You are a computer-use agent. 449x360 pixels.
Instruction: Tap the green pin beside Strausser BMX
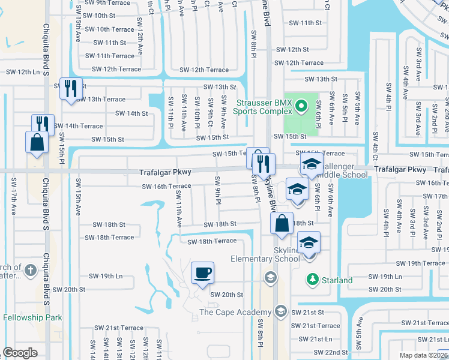(x=302, y=107)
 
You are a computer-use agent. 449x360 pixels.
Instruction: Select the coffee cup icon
(x=202, y=273)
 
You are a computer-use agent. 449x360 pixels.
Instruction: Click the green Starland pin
(x=312, y=280)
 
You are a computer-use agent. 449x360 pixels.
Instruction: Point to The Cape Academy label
(x=235, y=312)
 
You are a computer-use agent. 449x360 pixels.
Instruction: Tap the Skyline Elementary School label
(x=266, y=254)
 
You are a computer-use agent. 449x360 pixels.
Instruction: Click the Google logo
(x=20, y=353)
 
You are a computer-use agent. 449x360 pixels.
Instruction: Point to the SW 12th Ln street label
(x=23, y=72)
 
